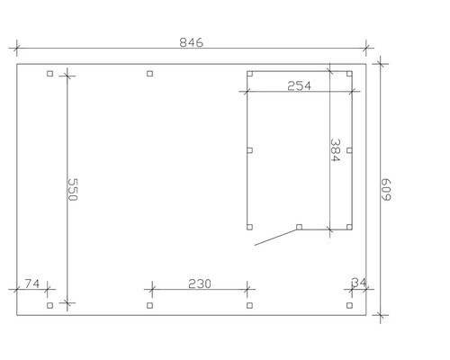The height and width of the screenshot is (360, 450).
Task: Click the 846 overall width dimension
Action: coord(191,42)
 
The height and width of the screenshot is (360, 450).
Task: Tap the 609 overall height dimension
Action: coord(386,190)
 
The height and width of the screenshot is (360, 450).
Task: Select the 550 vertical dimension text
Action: coord(73,190)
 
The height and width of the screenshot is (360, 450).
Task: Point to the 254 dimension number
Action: coord(299,86)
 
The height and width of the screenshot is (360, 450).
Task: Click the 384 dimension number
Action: coord(335,150)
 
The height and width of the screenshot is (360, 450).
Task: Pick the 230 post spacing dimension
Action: coord(200,283)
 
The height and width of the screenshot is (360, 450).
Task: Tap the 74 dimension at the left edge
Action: coord(31,283)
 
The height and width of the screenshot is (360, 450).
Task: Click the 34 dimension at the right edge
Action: coord(359,283)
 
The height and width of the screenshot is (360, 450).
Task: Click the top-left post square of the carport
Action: coord(49,74)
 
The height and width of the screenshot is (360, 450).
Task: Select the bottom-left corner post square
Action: coord(49,305)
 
